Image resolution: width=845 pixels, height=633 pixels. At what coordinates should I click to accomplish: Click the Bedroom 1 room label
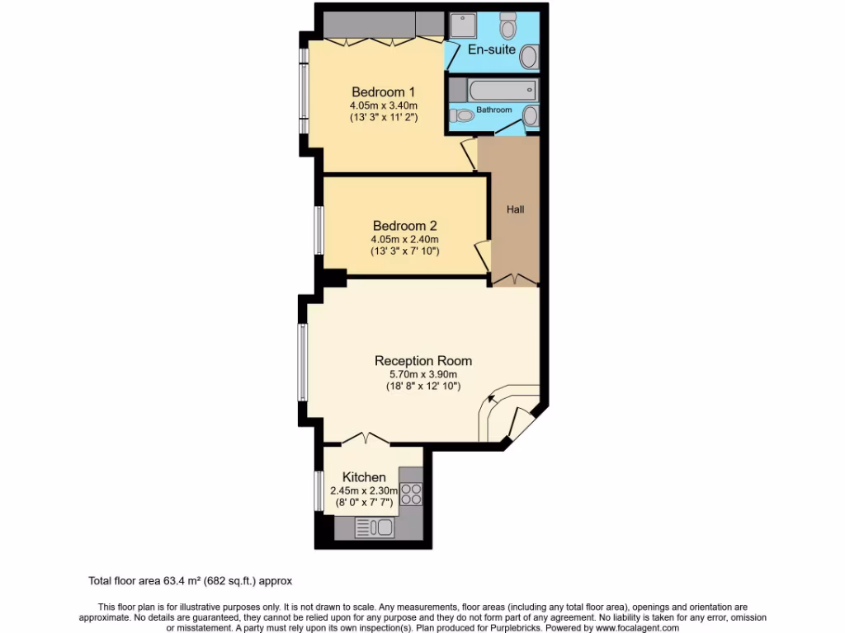pos(383,91)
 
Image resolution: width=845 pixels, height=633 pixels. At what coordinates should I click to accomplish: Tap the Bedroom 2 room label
pos(404,226)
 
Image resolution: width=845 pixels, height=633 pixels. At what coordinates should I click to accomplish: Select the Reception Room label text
pos(423,360)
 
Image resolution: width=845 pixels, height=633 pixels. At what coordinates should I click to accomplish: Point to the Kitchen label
pos(364,477)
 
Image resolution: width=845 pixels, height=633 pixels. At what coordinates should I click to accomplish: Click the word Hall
pos(516,209)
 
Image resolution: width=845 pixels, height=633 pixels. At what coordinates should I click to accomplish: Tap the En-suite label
pos(492,49)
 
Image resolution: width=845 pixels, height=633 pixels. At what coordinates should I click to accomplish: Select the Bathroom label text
pos(493,110)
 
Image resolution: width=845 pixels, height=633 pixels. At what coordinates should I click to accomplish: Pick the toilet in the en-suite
pos(508,26)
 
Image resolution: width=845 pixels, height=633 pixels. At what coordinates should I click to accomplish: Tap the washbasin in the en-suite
pos(528,57)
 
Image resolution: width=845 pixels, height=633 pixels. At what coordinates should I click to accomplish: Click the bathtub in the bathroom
pos(502,89)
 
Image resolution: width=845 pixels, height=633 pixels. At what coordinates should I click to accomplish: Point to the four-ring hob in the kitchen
pos(411,494)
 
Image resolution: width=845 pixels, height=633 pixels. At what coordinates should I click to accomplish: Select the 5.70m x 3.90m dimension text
pos(423,374)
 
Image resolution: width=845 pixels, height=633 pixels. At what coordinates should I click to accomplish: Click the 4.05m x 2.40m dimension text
pos(404,240)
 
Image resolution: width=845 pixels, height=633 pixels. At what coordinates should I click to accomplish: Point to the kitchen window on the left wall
pos(318,490)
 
